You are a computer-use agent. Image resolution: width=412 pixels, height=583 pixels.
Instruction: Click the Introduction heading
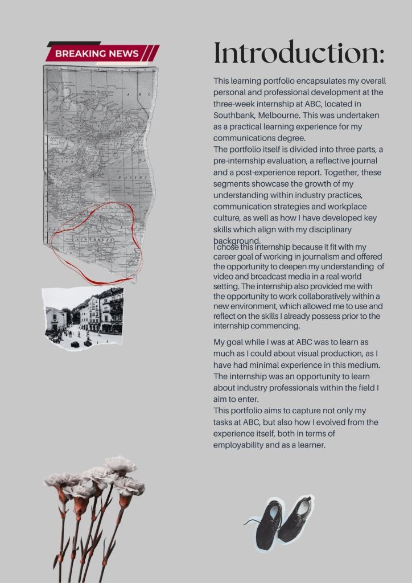(299, 53)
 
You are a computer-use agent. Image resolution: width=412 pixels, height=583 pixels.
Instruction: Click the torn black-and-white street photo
(84, 318)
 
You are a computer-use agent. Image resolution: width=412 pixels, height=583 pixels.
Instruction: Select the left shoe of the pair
(268, 523)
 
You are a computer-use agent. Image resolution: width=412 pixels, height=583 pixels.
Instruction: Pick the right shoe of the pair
(296, 518)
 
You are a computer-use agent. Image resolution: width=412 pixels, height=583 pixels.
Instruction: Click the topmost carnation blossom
(120, 465)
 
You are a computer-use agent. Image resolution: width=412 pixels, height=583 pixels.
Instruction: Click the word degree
(292, 138)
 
